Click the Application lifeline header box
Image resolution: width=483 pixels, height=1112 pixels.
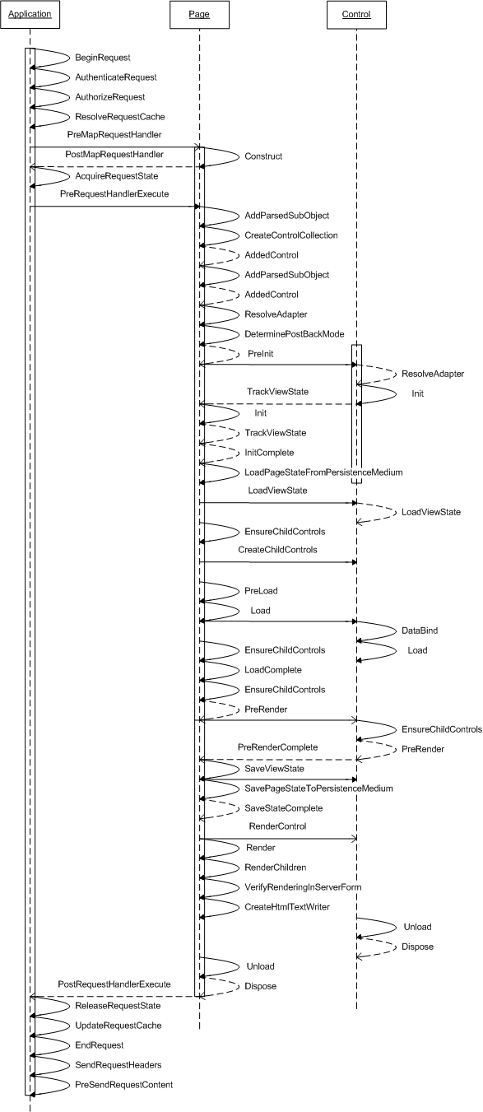pos(29,14)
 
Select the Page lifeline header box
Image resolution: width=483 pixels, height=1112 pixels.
pos(199,14)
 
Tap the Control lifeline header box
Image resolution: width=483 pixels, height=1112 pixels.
pos(356,14)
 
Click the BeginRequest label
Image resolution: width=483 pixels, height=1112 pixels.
pos(103,58)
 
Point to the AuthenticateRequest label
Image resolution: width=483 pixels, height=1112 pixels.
pos(116,77)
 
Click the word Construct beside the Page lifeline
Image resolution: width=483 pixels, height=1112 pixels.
pos(263,156)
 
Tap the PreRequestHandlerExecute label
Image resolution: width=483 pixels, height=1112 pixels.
pos(114,194)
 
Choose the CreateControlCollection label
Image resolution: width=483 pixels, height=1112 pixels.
pos(291,235)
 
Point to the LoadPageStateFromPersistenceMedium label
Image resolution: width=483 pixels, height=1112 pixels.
pos(323,472)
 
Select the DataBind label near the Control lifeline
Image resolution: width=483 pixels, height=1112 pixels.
pos(419,630)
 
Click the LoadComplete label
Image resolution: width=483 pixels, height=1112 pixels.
pos(273,670)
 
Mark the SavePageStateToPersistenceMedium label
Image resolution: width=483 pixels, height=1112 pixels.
pos(318,789)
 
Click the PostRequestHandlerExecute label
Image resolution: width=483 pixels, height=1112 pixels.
pos(114,984)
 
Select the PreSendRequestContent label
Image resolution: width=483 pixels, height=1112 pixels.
pos(124,1085)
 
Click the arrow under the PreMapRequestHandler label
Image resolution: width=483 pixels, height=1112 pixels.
pos(114,147)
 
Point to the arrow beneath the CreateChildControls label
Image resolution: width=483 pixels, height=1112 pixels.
pos(278,562)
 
